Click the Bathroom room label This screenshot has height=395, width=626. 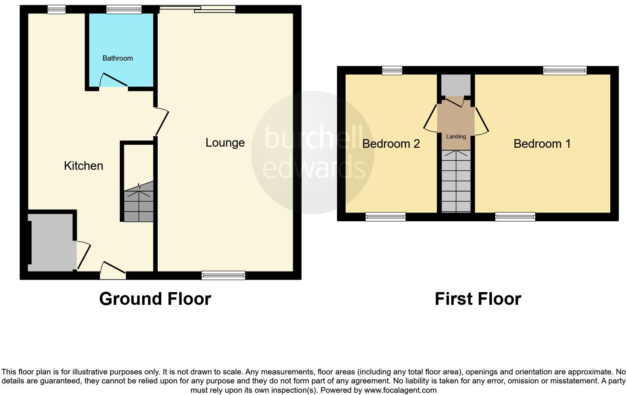pyautogui.click(x=118, y=58)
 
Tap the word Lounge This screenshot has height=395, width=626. pyautogui.click(x=225, y=143)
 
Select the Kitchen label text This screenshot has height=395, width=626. pyautogui.click(x=83, y=166)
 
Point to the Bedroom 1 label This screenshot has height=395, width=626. pyautogui.click(x=542, y=144)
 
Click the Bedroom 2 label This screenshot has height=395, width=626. pyautogui.click(x=391, y=144)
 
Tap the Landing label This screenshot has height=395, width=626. pyautogui.click(x=456, y=137)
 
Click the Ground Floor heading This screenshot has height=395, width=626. pyautogui.click(x=155, y=299)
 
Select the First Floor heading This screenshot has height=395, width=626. pyautogui.click(x=478, y=299)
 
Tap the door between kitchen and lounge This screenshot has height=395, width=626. pyautogui.click(x=162, y=122)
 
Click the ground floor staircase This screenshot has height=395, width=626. pyautogui.click(x=139, y=202)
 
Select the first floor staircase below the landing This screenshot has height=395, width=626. pyautogui.click(x=456, y=181)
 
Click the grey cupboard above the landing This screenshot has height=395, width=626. pyautogui.click(x=456, y=85)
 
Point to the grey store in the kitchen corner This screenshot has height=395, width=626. pyautogui.click(x=52, y=242)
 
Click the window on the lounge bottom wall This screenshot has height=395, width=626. pyautogui.click(x=223, y=275)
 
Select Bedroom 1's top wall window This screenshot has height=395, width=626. pyautogui.click(x=565, y=70)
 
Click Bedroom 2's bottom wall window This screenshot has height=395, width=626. pyautogui.click(x=385, y=217)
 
